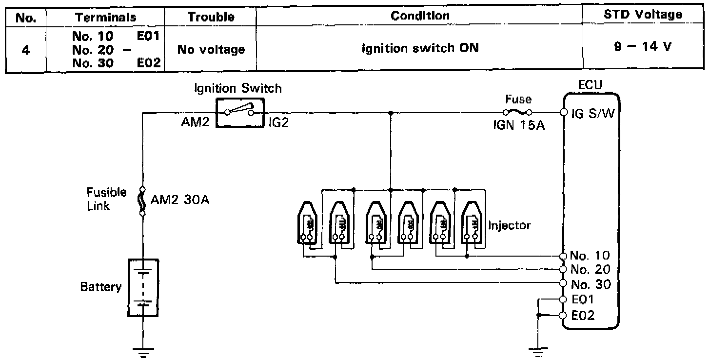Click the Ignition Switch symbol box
(x=239, y=113)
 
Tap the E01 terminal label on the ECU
(x=583, y=300)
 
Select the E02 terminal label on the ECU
(x=583, y=316)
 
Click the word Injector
(x=510, y=225)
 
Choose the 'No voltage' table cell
(x=211, y=49)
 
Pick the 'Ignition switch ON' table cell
(x=420, y=48)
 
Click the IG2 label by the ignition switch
(x=278, y=122)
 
